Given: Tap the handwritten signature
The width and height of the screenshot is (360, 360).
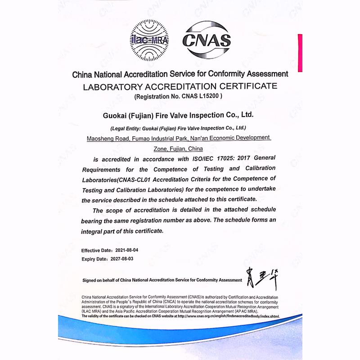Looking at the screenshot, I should (x=262, y=278).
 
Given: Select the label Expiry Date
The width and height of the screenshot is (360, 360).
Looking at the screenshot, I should (x=93, y=259).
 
